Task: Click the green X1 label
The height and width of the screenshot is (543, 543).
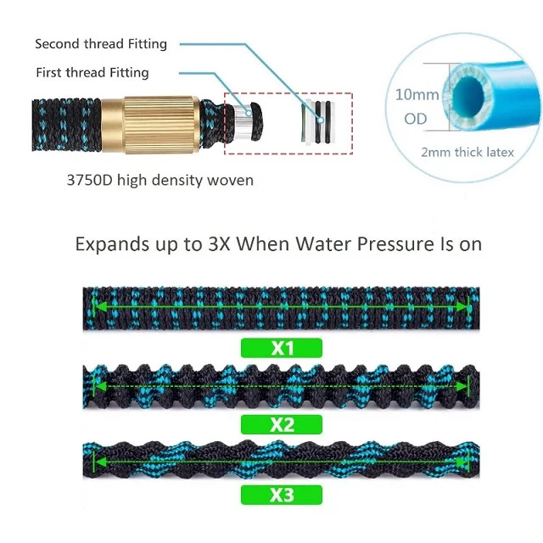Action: (x=282, y=347)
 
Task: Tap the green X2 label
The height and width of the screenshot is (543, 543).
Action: (x=282, y=423)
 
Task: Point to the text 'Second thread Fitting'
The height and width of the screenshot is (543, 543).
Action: (x=101, y=43)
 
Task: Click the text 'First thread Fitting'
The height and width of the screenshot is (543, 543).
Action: (x=92, y=72)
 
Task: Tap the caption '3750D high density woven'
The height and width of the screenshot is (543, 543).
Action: (x=160, y=180)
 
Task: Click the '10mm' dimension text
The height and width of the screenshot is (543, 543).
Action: (x=417, y=94)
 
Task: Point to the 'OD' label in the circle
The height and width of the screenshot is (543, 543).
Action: (x=416, y=119)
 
